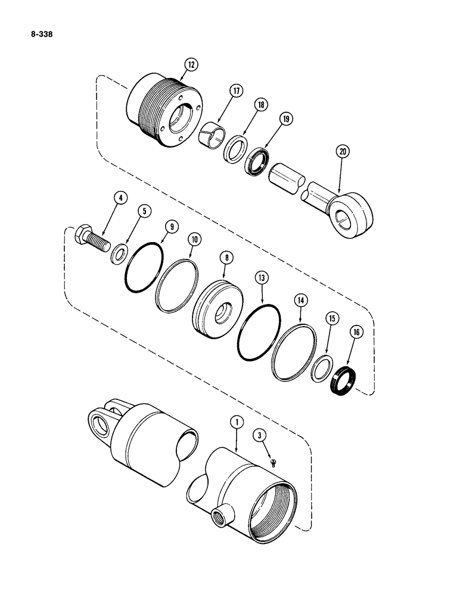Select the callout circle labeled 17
(x=237, y=91)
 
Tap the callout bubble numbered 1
(x=237, y=422)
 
